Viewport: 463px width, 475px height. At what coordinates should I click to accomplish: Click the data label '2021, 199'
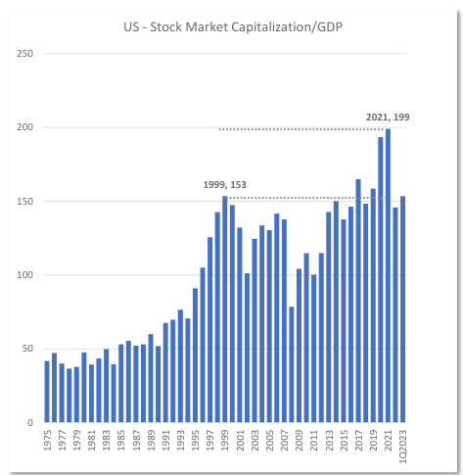(388, 118)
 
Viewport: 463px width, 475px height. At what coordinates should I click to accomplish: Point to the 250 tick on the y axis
(26, 53)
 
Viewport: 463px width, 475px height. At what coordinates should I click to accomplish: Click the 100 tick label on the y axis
(26, 275)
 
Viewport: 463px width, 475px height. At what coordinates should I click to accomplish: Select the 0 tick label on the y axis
(30, 423)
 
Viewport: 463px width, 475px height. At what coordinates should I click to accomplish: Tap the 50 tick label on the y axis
(28, 349)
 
